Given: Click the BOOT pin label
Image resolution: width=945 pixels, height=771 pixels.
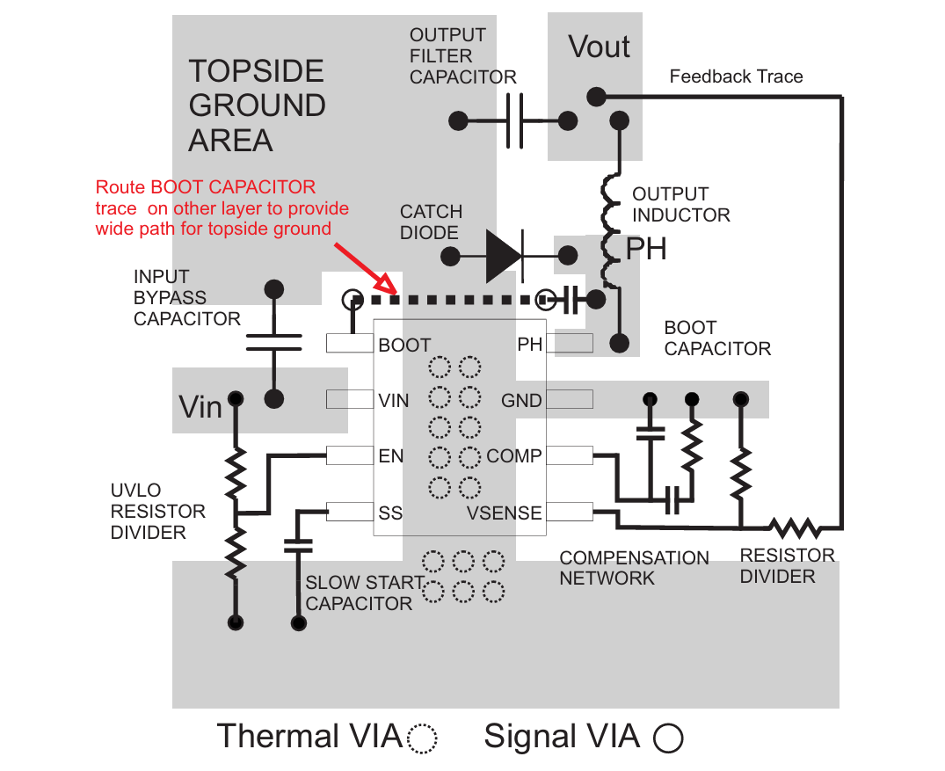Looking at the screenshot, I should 404,345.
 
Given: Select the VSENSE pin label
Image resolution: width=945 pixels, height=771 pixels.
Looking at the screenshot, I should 505,513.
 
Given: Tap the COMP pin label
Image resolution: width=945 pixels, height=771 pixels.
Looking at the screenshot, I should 514,456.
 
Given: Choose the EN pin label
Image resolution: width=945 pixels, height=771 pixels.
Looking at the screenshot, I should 391,456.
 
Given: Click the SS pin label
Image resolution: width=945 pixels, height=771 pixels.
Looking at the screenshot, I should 390,513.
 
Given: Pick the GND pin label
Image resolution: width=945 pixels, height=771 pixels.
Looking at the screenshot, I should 521,401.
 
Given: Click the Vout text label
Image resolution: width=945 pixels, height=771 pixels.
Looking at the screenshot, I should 600,47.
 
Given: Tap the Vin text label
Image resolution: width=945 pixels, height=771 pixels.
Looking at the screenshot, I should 200,407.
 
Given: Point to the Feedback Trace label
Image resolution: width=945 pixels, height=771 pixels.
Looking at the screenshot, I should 736,76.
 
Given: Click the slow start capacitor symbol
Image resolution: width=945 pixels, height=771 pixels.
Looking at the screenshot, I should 298,545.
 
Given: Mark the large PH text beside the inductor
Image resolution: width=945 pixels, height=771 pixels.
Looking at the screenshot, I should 646,250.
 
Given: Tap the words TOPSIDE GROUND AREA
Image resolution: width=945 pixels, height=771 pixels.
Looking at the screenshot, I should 257,105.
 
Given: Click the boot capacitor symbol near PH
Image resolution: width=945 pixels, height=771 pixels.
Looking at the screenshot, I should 571,300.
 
